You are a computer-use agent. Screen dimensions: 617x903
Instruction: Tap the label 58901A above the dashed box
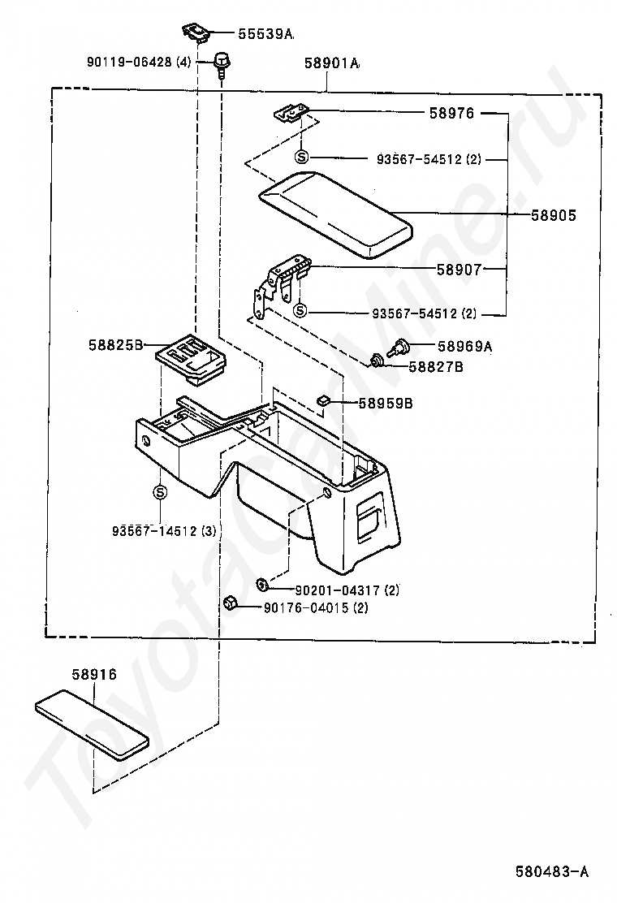pyautogui.click(x=332, y=63)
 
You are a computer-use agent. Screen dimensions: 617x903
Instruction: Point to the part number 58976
pyautogui.click(x=452, y=113)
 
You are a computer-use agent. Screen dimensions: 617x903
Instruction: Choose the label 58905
pyautogui.click(x=553, y=215)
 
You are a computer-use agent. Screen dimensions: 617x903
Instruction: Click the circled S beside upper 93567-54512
pyautogui.click(x=301, y=157)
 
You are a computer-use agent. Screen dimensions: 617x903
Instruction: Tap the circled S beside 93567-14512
pyautogui.click(x=160, y=492)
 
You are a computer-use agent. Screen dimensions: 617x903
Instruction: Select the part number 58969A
pyautogui.click(x=464, y=346)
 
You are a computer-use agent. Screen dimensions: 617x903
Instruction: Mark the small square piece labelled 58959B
pyautogui.click(x=323, y=400)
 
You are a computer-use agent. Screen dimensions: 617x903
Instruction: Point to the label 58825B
pyautogui.click(x=115, y=345)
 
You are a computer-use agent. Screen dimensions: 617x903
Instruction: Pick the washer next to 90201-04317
pyautogui.click(x=261, y=585)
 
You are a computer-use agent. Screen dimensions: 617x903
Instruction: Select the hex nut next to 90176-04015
pyautogui.click(x=231, y=603)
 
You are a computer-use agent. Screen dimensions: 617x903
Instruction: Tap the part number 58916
pyautogui.click(x=94, y=674)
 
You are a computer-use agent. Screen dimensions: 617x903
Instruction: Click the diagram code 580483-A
pyautogui.click(x=552, y=872)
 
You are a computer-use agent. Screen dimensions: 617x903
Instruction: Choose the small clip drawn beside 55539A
pyautogui.click(x=196, y=32)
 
